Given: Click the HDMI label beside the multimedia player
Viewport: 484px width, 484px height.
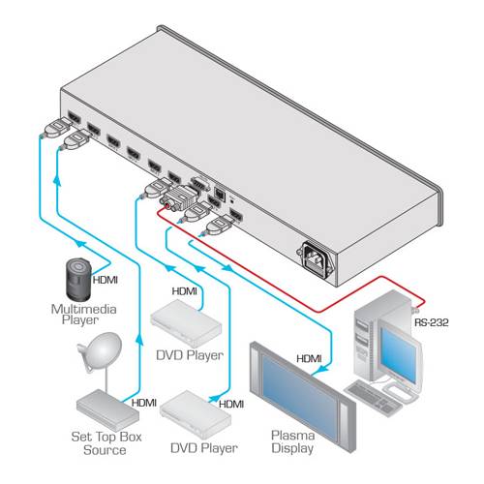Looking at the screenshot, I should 106,283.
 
